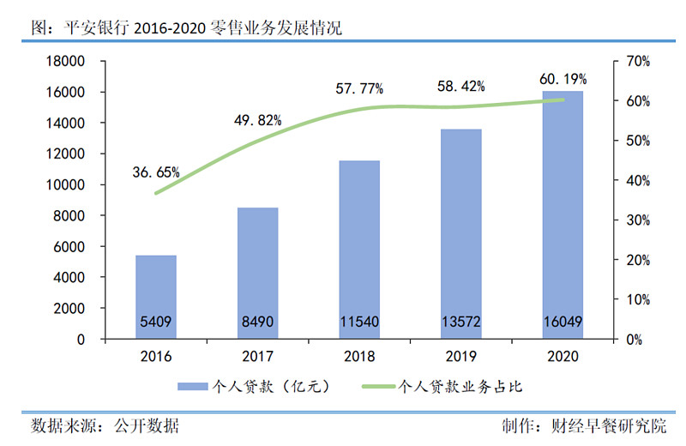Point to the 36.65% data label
point(156,172)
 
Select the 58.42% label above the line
point(461,87)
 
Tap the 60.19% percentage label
point(563,80)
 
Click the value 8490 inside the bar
point(257,323)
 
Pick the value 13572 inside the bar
point(460,323)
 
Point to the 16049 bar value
point(563,323)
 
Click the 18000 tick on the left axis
point(66,62)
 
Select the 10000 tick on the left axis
point(66,185)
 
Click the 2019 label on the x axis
point(460,356)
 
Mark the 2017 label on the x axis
point(257,356)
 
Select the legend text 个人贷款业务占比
point(461,387)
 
